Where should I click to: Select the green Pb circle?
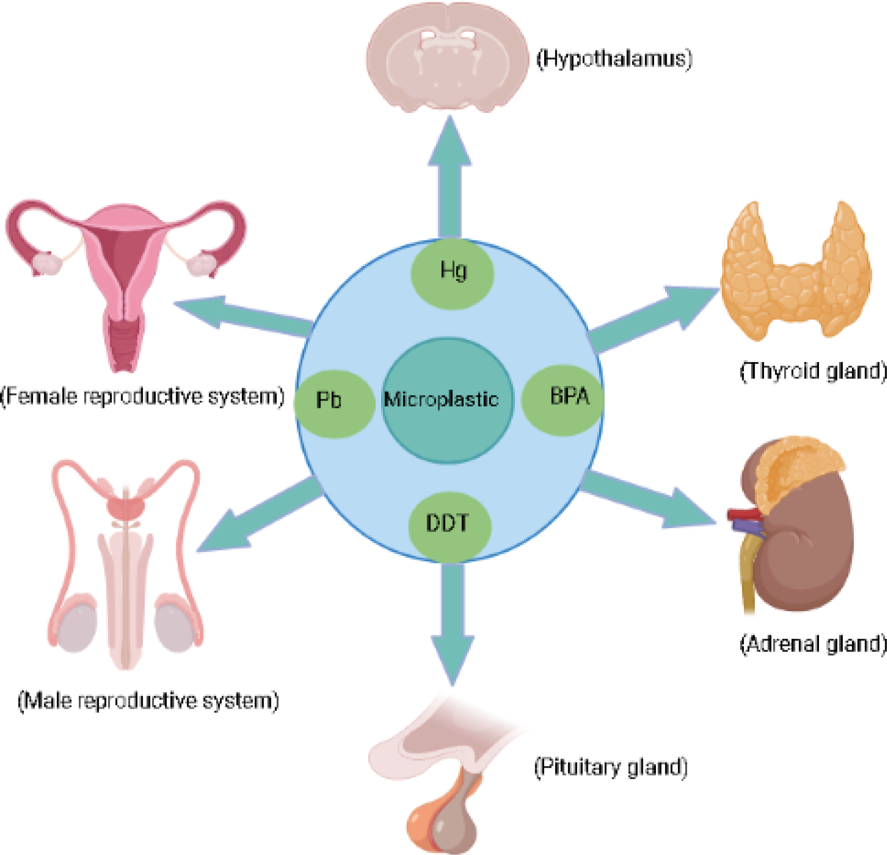334,404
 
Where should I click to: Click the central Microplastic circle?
447,401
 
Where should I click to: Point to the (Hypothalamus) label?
614,59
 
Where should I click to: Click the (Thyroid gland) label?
812,371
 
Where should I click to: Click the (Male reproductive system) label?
148,701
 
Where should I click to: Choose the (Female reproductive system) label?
142,397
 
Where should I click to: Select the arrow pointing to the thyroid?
652,317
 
